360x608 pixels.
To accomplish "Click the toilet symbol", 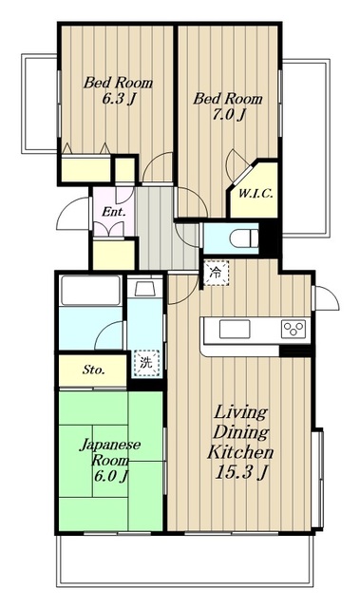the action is click(244, 237).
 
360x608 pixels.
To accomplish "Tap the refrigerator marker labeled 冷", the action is click(216, 273).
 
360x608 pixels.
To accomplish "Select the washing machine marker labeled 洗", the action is click(146, 363).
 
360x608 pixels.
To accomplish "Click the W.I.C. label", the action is click(256, 193).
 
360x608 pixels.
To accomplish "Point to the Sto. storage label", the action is click(93, 370).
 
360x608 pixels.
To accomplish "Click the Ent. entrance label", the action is click(114, 212).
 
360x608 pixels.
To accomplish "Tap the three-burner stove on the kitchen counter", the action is click(294, 329).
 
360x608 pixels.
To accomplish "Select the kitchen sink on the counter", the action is click(235, 330).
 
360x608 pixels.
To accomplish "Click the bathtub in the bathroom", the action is click(90, 290).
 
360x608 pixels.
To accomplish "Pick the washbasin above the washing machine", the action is click(143, 289).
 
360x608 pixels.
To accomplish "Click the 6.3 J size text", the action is click(119, 99).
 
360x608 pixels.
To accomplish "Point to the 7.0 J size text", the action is click(229, 115).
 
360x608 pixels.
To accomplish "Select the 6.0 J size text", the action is click(110, 475).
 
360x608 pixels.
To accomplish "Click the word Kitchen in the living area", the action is click(240, 452).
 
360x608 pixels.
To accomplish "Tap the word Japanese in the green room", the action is click(110, 445).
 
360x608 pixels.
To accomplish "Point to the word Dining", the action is click(240, 431).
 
